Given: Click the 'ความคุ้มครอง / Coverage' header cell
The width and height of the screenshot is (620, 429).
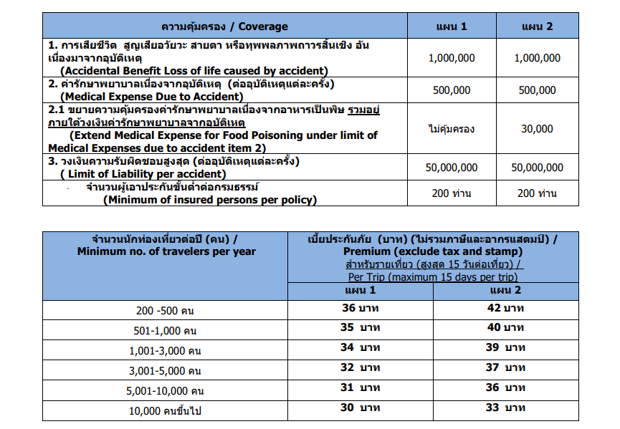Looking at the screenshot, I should click(x=224, y=26).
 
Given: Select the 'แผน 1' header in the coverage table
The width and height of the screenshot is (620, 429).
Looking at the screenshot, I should click(x=452, y=26).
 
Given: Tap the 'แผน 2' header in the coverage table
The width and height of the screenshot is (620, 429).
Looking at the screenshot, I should click(x=538, y=26).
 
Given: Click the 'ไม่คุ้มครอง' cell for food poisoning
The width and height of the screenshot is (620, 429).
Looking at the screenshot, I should click(x=452, y=129).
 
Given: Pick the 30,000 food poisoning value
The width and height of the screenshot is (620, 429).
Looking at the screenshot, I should click(x=538, y=129).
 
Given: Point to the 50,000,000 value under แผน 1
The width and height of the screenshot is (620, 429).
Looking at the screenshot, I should click(x=452, y=168).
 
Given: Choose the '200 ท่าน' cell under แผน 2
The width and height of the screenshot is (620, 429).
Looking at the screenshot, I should click(x=538, y=193).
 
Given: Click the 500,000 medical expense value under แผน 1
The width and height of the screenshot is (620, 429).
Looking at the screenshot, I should click(x=452, y=90).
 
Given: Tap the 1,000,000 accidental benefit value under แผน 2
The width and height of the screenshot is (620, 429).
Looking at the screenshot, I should click(x=538, y=58).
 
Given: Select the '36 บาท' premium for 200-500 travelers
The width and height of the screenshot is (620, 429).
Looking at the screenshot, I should click(x=361, y=309).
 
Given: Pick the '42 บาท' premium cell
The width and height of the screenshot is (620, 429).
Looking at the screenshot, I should click(x=505, y=309).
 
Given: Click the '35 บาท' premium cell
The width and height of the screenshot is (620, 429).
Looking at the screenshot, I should click(x=361, y=328).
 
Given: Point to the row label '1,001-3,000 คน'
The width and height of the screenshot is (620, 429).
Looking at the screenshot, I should click(x=167, y=351).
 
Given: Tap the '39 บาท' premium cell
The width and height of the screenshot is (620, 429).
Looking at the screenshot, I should click(x=505, y=347).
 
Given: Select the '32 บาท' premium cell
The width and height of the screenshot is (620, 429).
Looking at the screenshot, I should click(x=361, y=367).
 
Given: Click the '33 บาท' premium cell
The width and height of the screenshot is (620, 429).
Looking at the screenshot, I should click(x=505, y=408).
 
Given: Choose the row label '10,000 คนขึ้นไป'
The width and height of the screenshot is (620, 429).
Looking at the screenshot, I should click(x=166, y=411).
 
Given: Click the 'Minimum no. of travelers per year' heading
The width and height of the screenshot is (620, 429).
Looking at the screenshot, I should click(x=166, y=251).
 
